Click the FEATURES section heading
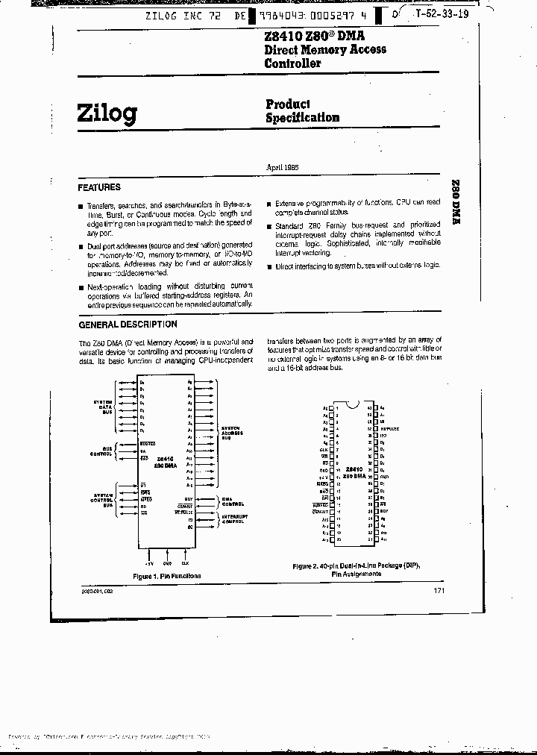99,187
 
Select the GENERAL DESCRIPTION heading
128,325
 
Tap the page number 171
440,591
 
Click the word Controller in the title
293,63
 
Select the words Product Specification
302,111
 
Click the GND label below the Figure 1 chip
167,563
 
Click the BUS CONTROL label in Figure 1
102,451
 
